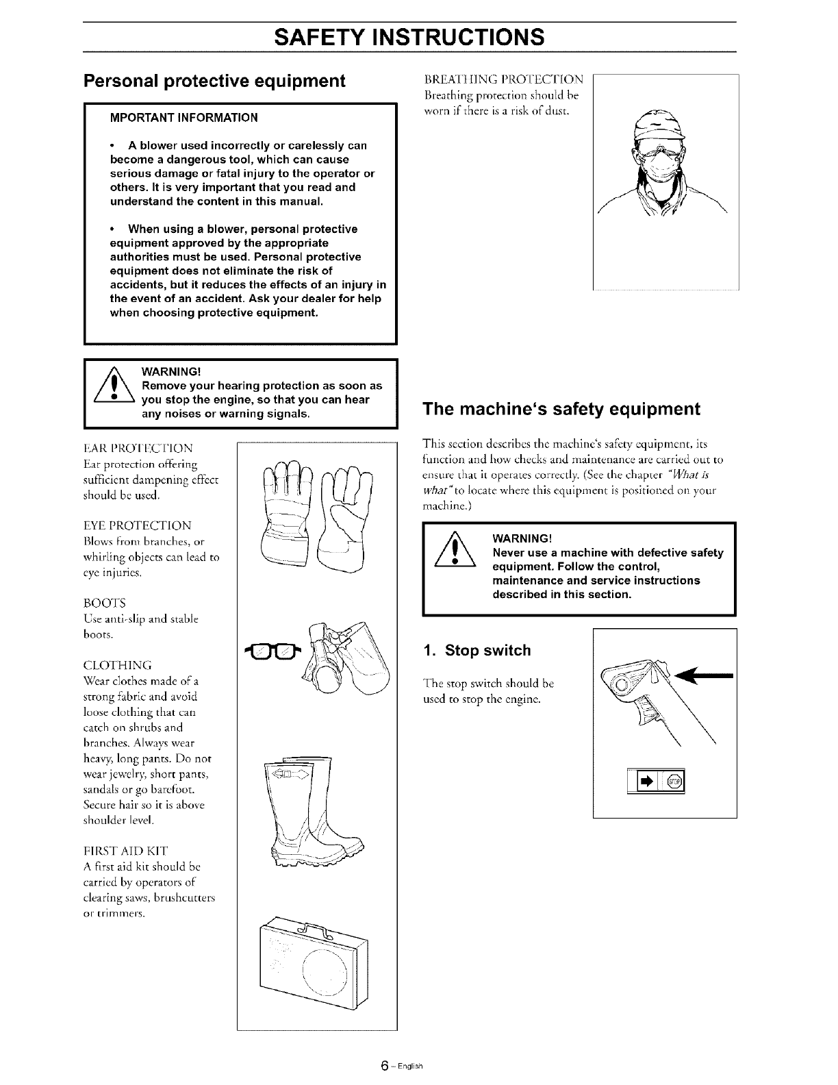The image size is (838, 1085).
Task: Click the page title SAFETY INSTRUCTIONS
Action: click(409, 36)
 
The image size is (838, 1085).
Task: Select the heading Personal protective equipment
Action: click(214, 81)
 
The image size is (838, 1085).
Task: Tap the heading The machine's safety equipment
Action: click(562, 409)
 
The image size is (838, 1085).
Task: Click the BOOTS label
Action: click(114, 603)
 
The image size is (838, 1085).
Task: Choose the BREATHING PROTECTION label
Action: click(505, 79)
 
